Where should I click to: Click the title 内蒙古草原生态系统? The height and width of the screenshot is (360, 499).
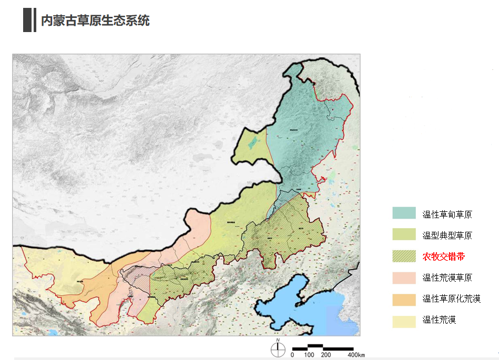point(95,20)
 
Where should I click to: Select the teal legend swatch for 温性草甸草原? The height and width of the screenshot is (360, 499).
point(404,213)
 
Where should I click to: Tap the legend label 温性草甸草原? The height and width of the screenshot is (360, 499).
point(447,214)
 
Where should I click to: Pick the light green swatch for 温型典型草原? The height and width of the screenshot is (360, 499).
point(404,235)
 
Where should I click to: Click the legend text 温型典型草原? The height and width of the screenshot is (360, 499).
point(447,235)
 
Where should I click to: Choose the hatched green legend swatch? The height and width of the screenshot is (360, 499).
point(404,256)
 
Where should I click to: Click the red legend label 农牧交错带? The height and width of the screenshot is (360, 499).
point(443,257)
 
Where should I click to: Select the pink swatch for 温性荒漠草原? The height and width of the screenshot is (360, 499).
point(404,277)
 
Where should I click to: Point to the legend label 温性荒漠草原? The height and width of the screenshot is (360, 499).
point(447,278)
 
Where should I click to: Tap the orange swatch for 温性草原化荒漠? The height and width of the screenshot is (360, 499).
point(404,299)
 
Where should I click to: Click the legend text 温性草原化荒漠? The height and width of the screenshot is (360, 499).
point(451,299)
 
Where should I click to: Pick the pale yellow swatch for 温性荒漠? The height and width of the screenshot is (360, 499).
point(404,320)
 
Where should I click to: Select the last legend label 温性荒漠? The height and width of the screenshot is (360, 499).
point(439,320)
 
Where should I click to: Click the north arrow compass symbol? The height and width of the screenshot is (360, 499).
point(278,348)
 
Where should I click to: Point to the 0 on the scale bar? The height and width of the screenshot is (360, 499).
point(292,355)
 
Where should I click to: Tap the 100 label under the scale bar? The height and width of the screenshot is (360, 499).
point(309,355)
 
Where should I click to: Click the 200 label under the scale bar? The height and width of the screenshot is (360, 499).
point(326,355)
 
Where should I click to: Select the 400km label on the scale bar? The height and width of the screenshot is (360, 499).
point(356,355)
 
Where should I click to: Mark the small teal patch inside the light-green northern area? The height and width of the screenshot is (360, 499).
point(253,142)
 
